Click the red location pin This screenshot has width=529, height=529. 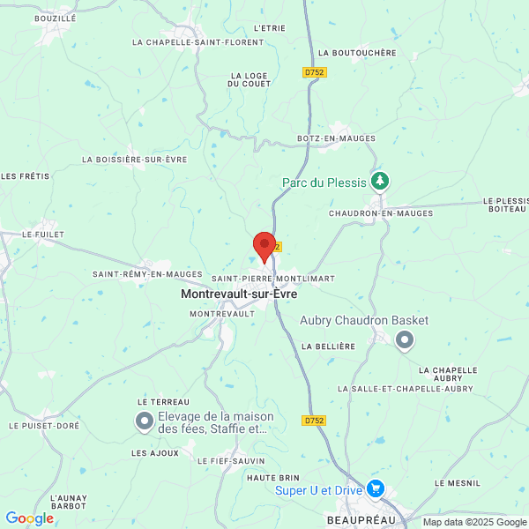pyautogui.click(x=264, y=246)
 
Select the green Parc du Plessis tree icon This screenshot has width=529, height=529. pyautogui.click(x=380, y=181)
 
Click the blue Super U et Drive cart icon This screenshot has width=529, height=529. pyautogui.click(x=376, y=488)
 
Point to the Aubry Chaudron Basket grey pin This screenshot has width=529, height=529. pyautogui.click(x=404, y=339)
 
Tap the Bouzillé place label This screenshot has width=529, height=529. pyautogui.click(x=55, y=18)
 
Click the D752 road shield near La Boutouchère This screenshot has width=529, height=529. pyautogui.click(x=314, y=72)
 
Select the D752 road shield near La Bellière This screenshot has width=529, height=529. pyautogui.click(x=314, y=421)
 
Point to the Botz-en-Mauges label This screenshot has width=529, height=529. pyautogui.click(x=336, y=138)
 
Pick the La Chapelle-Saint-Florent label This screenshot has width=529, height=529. pyautogui.click(x=197, y=41)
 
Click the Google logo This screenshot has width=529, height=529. pyautogui.click(x=30, y=518)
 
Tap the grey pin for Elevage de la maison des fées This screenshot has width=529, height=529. pyautogui.click(x=144, y=423)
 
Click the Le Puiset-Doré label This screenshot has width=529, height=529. pyautogui.click(x=44, y=425)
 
